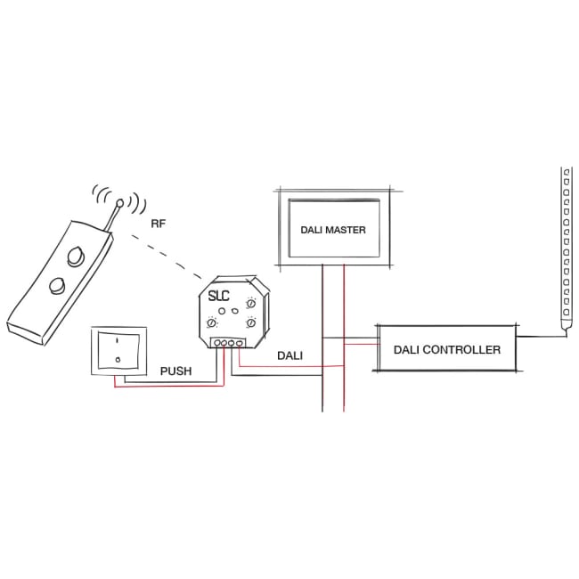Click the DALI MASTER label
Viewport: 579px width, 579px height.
[332, 230]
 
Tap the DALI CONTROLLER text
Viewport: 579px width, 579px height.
[446, 349]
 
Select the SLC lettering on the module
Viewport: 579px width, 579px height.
[219, 297]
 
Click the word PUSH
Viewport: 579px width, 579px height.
[176, 370]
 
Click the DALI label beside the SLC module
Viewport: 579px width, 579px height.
[289, 355]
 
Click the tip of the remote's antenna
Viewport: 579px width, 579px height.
[120, 202]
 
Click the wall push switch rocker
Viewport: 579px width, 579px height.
[118, 353]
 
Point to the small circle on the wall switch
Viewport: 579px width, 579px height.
[118, 360]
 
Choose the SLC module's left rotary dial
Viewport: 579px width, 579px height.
[212, 323]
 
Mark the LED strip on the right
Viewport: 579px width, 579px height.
[565, 249]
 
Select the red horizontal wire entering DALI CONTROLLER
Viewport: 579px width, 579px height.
[360, 343]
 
